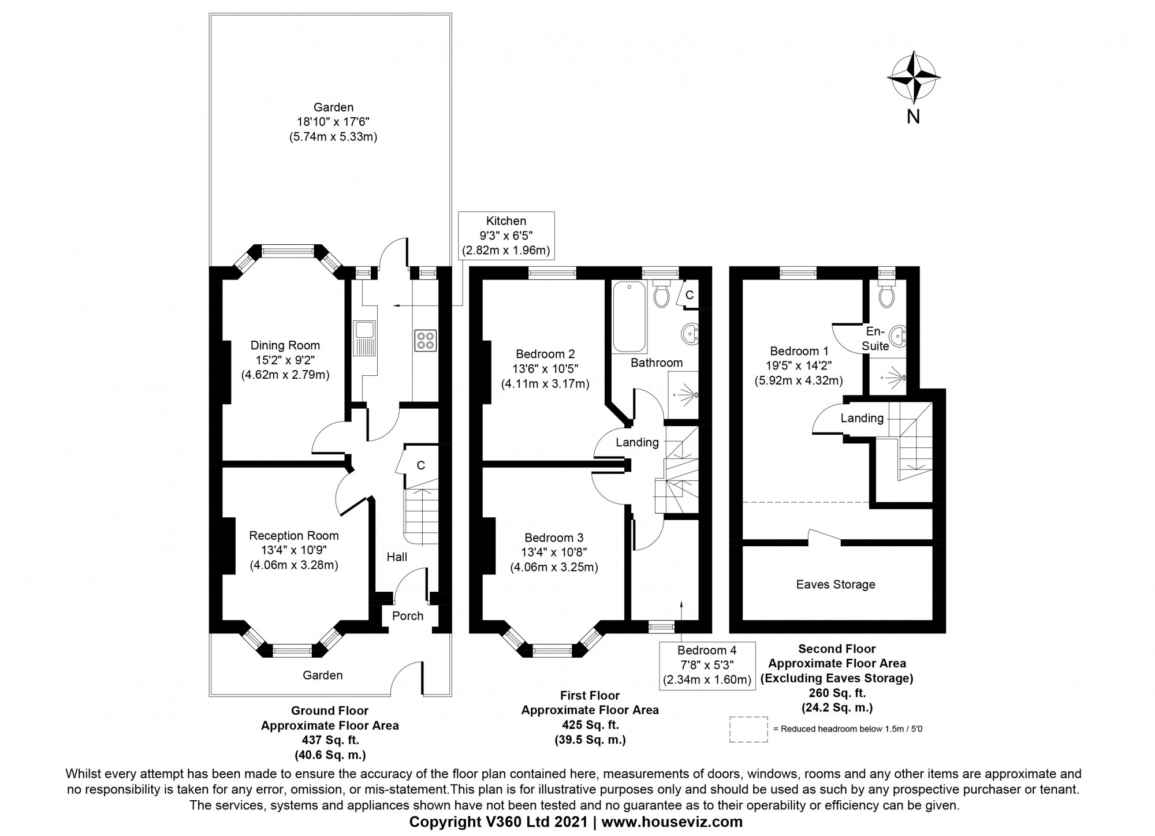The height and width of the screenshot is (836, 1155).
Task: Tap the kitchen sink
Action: pos(366,338)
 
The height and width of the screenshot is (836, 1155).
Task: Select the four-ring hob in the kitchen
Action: pos(426,340)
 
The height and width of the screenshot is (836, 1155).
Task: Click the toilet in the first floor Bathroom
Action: pos(662,295)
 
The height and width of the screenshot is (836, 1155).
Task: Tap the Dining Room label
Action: pos(285,345)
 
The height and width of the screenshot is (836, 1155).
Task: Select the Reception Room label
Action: pos(294,536)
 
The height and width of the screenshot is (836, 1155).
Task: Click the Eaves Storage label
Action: pos(836,584)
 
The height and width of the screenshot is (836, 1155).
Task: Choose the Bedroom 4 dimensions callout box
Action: pos(707,665)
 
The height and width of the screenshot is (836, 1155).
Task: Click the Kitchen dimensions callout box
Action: pos(506,236)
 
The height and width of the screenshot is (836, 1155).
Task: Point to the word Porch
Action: pos(408,616)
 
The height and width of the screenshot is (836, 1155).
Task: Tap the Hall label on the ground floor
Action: pos(397,557)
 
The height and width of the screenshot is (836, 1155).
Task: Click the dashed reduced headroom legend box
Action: pos(748,729)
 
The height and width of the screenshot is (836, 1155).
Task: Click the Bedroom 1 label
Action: pos(799,351)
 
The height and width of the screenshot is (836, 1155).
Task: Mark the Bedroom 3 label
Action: pos(554,538)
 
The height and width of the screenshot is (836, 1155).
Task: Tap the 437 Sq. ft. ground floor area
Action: pos(329,740)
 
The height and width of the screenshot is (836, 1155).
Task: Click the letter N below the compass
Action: pos(913,117)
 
